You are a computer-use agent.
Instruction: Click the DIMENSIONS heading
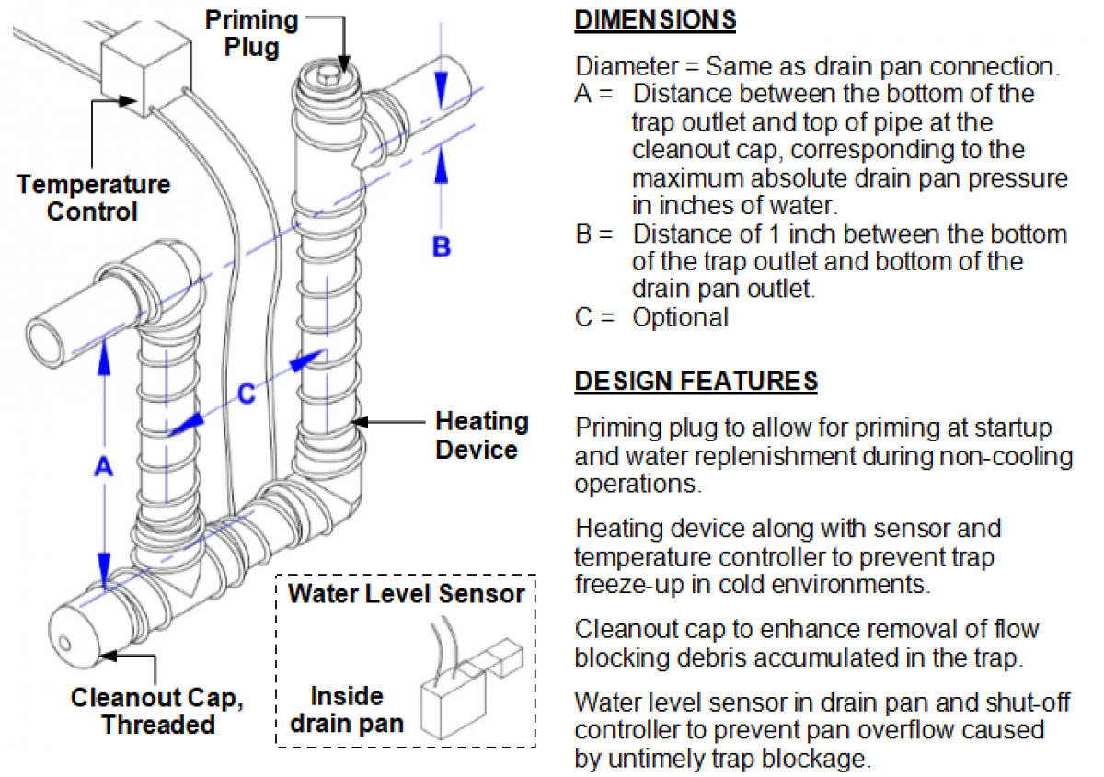[655, 20]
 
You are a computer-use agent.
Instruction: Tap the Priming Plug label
[251, 33]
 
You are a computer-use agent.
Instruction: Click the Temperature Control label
[93, 198]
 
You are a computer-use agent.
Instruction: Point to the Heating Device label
[481, 436]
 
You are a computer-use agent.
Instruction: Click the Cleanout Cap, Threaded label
[157, 711]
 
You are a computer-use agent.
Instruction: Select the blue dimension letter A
[103, 468]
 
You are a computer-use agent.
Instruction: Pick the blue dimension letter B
[443, 246]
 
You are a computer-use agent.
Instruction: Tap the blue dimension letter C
[246, 394]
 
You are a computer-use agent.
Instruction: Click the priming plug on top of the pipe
[326, 73]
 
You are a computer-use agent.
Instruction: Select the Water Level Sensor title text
[406, 593]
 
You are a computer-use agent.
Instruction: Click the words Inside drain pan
[346, 709]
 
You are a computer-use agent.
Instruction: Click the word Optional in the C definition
[680, 318]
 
